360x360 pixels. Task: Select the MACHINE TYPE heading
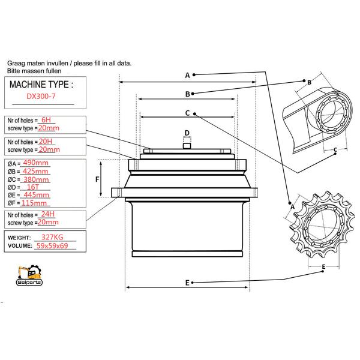click(42, 85)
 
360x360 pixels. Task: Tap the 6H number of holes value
click(46, 120)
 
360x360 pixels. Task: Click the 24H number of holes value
click(47, 214)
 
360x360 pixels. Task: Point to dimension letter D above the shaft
click(187, 133)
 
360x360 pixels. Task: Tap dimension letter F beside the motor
click(98, 179)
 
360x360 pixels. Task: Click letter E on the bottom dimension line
click(187, 282)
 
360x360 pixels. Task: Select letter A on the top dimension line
click(187, 75)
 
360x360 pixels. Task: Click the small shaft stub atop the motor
click(187, 143)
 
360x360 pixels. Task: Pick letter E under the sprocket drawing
click(323, 266)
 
